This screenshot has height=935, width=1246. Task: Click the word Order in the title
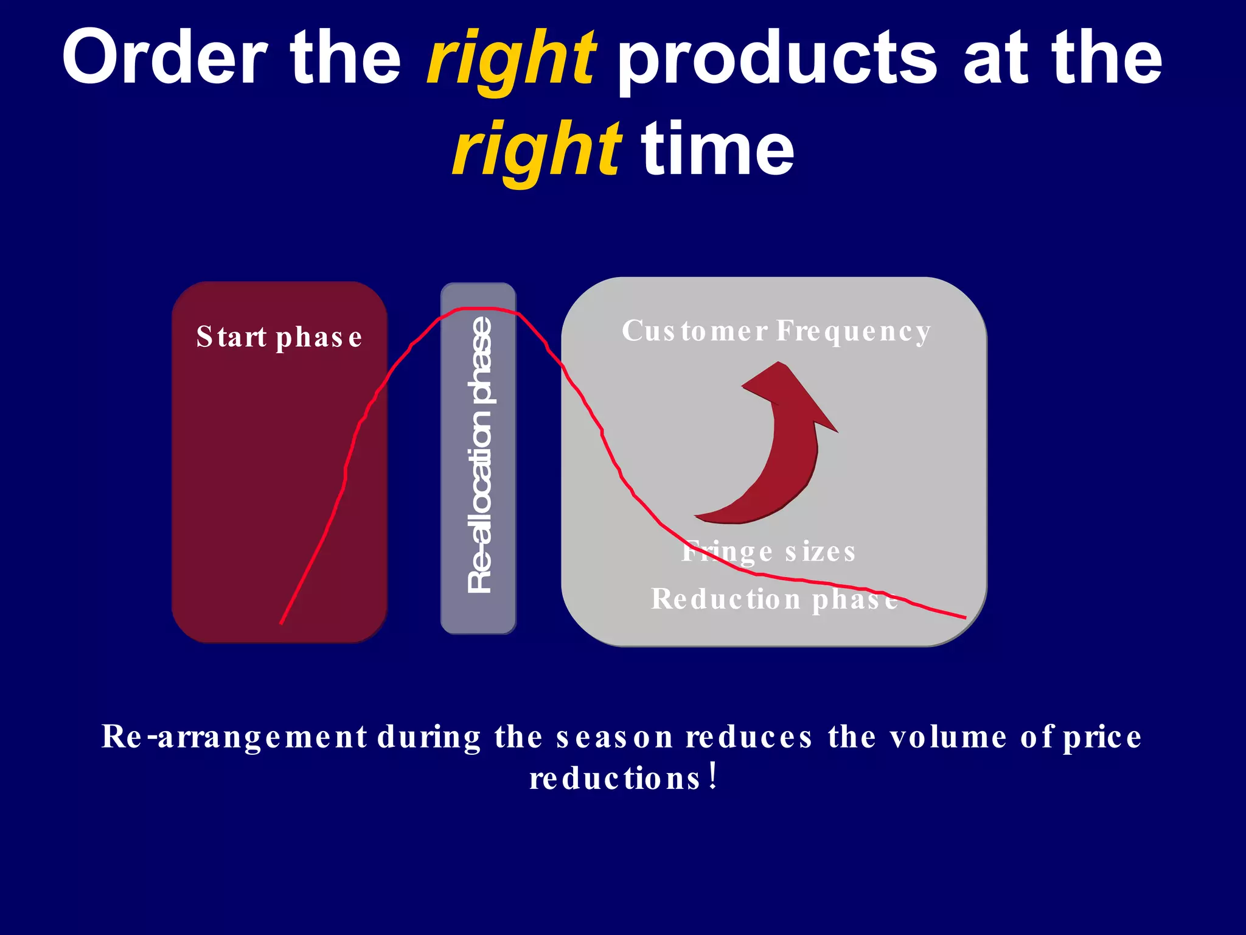164,58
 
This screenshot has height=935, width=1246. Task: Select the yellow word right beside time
535,149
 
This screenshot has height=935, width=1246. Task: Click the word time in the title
718,149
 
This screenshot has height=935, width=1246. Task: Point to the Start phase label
279,337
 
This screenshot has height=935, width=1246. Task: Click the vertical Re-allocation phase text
479,455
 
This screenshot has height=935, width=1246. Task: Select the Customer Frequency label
776,332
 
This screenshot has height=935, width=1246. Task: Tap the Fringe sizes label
768,552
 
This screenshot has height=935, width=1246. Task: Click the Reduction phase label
774,599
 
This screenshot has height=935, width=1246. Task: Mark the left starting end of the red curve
281,623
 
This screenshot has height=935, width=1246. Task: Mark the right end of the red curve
964,617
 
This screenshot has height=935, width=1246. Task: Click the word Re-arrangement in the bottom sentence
234,737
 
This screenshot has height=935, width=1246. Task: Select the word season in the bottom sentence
614,737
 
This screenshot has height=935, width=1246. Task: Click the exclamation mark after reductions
713,777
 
